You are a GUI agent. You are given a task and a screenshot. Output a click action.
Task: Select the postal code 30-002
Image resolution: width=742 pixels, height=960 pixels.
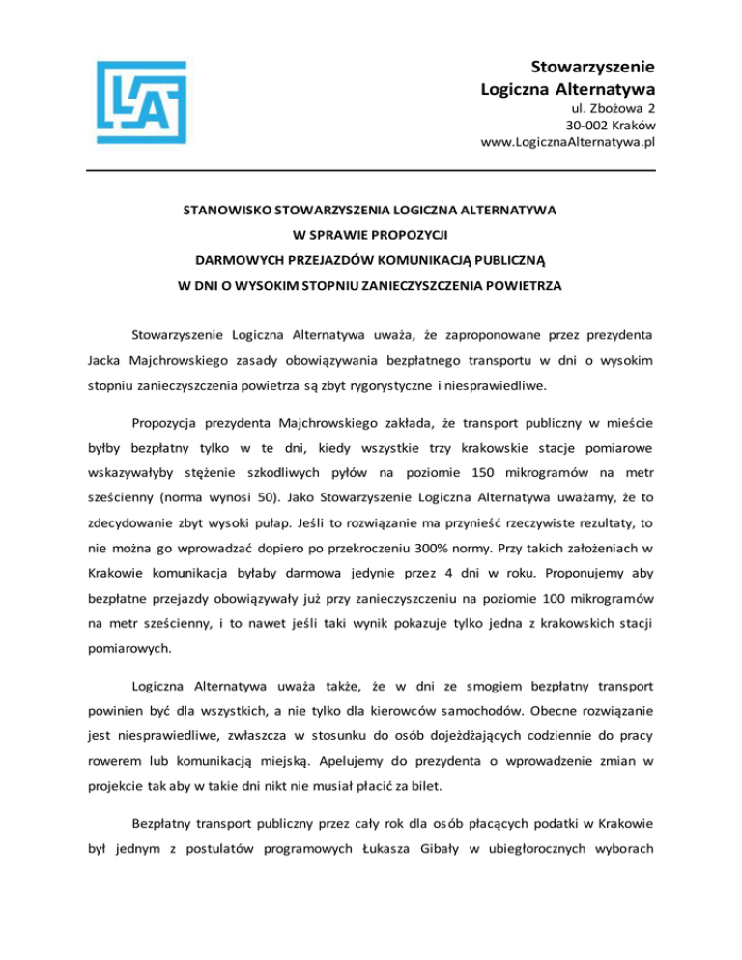click(x=586, y=125)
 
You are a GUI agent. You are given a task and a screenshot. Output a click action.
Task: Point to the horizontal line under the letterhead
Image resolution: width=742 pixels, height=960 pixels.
click(x=371, y=172)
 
